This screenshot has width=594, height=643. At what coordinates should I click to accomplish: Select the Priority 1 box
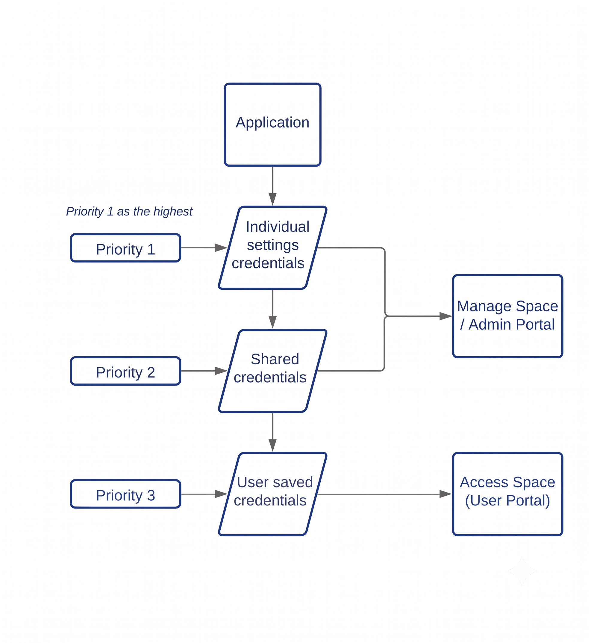click(x=126, y=248)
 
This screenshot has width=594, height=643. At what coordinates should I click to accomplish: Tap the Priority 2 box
click(x=126, y=371)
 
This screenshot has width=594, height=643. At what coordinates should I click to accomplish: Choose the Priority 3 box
click(x=126, y=494)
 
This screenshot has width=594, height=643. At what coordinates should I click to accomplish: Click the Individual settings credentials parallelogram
click(x=272, y=248)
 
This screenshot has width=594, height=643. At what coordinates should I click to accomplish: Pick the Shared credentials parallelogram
click(x=272, y=371)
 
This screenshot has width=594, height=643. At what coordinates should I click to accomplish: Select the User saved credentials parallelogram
click(x=272, y=494)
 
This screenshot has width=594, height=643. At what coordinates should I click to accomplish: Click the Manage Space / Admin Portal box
click(x=508, y=316)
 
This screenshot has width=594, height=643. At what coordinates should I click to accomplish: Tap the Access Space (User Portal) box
click(x=508, y=494)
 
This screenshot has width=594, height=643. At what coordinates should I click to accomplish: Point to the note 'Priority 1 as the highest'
click(x=129, y=211)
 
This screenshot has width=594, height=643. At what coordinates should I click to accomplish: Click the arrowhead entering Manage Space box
click(x=446, y=316)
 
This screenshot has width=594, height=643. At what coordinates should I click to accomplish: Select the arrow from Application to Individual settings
click(x=272, y=186)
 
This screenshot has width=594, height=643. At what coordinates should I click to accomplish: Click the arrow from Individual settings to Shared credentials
click(x=272, y=310)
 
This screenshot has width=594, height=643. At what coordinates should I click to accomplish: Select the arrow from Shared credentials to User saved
click(x=272, y=432)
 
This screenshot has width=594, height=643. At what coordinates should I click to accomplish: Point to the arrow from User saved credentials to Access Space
click(x=384, y=494)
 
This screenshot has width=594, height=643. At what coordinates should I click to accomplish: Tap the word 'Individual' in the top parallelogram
click(x=278, y=227)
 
